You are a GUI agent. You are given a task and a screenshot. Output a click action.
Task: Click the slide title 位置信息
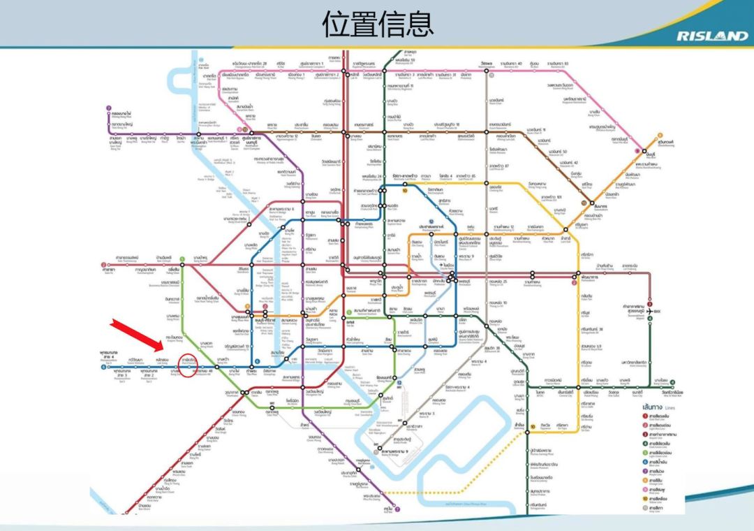click(377, 23)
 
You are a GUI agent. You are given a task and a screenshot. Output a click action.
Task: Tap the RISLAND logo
click(711, 36)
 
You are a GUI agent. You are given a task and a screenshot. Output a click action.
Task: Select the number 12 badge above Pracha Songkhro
click(431, 221)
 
